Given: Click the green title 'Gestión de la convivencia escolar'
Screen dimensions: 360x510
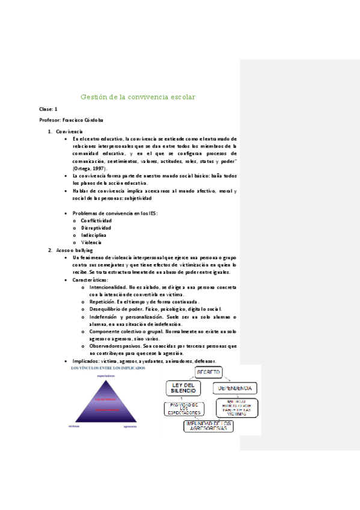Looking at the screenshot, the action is point(138,97).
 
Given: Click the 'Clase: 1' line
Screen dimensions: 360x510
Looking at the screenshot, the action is point(48,109).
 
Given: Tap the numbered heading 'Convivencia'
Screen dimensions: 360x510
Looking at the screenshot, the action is point(69,131).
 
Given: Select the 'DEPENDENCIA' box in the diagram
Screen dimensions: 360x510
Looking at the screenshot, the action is point(236,389).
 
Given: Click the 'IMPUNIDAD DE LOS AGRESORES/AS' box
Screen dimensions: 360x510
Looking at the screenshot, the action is point(209,426).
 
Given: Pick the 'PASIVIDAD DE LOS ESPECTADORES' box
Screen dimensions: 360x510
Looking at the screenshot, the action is point(182,409).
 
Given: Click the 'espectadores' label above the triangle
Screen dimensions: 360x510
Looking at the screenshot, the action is point(106,375).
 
